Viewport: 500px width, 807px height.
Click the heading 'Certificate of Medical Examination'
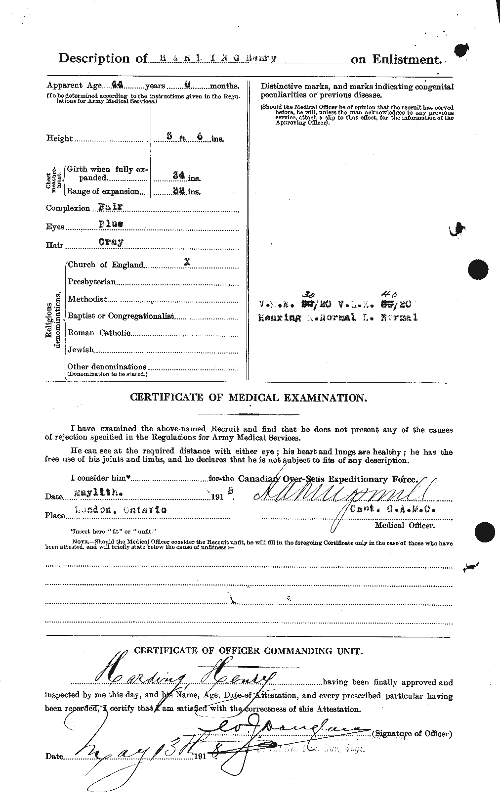click(248, 398)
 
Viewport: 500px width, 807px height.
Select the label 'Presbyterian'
click(92, 282)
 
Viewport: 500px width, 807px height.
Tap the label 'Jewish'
click(81, 350)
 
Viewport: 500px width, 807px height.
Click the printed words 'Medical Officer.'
click(405, 525)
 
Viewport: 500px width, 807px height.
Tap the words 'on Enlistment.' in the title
click(396, 60)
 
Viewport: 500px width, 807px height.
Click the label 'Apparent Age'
click(69, 85)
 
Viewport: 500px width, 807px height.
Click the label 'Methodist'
click(87, 299)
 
